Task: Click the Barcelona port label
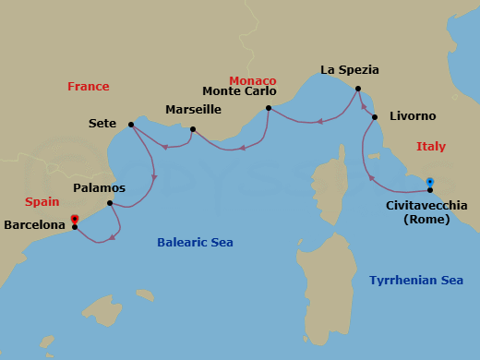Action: [34, 224]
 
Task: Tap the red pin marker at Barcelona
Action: [75, 220]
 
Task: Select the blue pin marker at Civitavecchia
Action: [430, 182]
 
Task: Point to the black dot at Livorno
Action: [375, 117]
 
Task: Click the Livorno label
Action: [413, 116]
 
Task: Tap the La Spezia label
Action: [350, 69]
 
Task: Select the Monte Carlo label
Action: [238, 90]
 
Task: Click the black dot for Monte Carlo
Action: [268, 109]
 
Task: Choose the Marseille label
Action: [193, 109]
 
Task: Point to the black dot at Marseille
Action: [192, 129]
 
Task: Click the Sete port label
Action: [102, 123]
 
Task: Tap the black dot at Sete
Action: [131, 124]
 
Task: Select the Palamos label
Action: [99, 187]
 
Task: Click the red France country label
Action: [89, 87]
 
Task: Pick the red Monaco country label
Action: [252, 80]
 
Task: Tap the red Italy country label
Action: [431, 147]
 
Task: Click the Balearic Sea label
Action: [194, 243]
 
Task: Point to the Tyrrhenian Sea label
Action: [415, 280]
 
